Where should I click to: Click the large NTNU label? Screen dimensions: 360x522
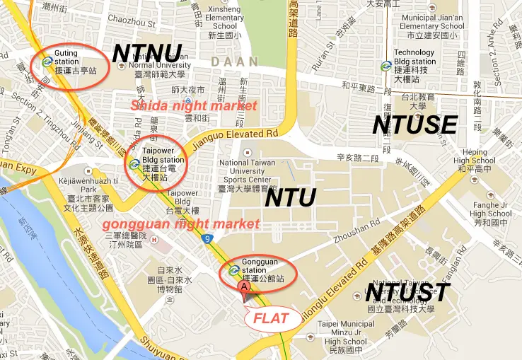pyautogui.click(x=147, y=54)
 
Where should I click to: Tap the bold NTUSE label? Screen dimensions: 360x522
pyautogui.click(x=414, y=124)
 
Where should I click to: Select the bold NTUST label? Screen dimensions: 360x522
pyautogui.click(x=407, y=291)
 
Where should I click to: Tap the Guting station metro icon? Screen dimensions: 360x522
pyautogui.click(x=47, y=62)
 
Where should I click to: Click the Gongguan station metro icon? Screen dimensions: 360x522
pyautogui.click(x=233, y=269)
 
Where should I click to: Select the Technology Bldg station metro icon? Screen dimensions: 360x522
pyautogui.click(x=385, y=66)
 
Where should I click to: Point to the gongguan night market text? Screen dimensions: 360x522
pyautogui.click(x=181, y=224)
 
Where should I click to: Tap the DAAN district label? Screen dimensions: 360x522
pyautogui.click(x=234, y=62)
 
